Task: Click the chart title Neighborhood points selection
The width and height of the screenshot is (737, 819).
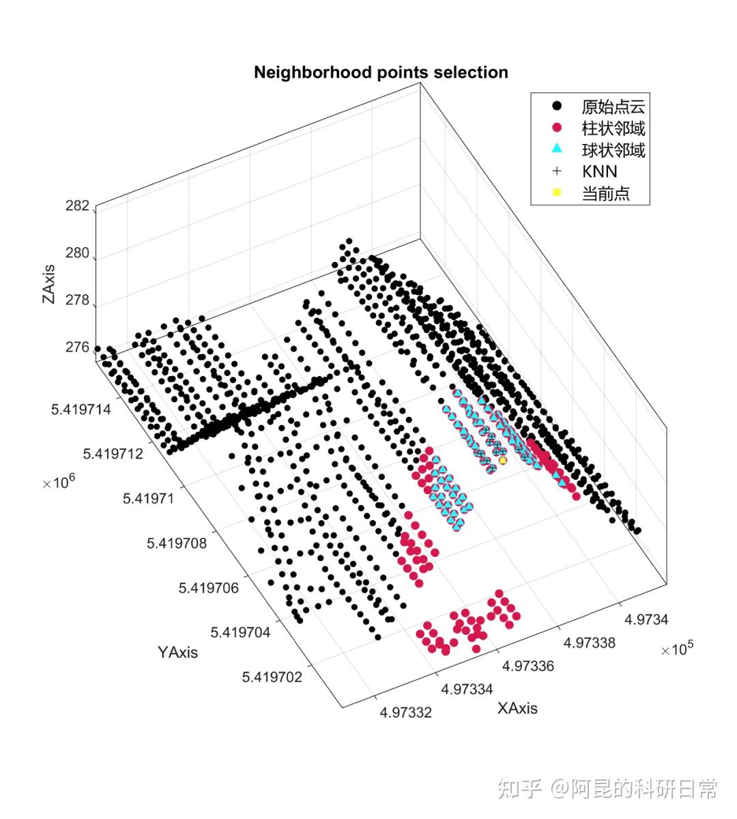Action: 381,72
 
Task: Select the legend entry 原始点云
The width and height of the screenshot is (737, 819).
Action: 613,106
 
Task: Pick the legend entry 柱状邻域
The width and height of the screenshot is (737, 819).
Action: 613,128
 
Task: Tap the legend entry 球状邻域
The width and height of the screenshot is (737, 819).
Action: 613,150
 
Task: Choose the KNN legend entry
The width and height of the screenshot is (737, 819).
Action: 599,172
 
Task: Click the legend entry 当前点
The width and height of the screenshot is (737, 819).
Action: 605,194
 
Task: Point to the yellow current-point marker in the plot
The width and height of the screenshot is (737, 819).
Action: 503,461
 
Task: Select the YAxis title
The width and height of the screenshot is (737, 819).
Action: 177,652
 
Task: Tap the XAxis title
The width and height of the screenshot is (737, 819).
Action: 517,708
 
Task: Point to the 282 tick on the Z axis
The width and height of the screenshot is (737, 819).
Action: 78,206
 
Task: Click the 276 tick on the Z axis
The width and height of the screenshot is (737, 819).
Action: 78,347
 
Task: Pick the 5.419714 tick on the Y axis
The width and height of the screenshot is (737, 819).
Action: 79,409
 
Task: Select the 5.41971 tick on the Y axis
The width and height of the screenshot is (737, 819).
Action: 148,498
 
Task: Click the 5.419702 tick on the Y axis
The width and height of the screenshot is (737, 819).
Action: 272,677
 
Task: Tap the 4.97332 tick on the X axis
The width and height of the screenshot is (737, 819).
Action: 406,713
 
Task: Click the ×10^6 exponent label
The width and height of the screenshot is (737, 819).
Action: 59,482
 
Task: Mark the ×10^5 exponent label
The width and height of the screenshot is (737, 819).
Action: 677,649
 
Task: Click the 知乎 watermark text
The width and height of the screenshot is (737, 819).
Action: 520,790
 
